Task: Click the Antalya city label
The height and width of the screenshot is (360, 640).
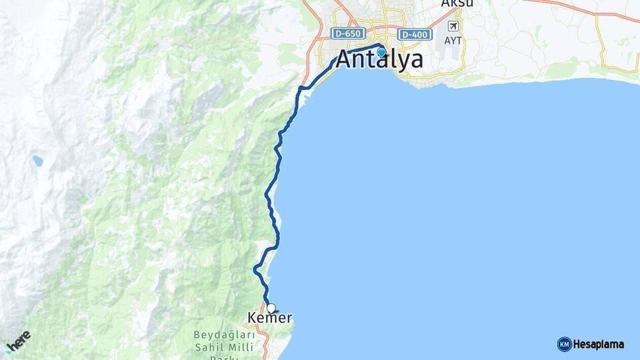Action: [379, 60]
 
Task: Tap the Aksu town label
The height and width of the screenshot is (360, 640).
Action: [457, 3]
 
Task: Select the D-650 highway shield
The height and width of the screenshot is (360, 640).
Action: [349, 33]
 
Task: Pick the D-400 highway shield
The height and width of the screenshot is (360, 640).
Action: [414, 34]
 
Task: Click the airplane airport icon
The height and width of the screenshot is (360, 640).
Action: [454, 26]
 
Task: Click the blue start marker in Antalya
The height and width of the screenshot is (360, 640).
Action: [381, 51]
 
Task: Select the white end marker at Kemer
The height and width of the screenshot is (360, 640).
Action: [271, 308]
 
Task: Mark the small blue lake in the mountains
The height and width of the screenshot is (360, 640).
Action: [37, 161]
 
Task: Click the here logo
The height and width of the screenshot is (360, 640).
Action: [18, 341]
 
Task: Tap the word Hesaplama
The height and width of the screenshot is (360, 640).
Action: [599, 345]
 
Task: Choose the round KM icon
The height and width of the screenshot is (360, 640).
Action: [564, 345]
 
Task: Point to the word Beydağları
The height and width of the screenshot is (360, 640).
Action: [223, 334]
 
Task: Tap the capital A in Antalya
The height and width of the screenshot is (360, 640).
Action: [344, 60]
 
